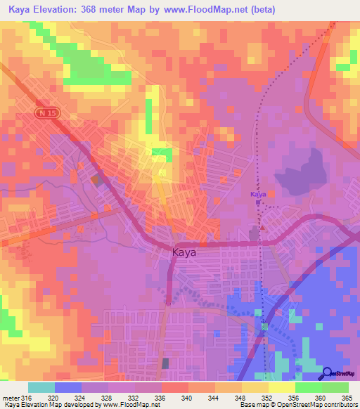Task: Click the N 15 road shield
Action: click(x=46, y=112)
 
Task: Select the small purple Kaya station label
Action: click(x=258, y=193)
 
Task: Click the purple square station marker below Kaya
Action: click(x=258, y=203)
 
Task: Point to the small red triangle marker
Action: click(x=263, y=227)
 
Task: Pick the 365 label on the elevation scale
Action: click(x=347, y=397)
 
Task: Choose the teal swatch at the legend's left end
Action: click(x=41, y=387)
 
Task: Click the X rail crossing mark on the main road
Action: click(x=261, y=242)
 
